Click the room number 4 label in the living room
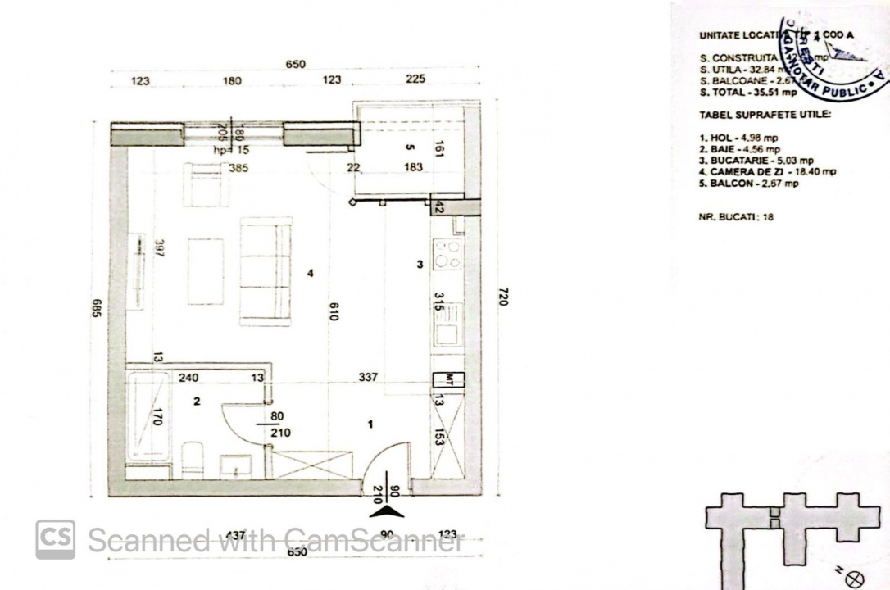click(x=310, y=274)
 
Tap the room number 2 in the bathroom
click(x=197, y=402)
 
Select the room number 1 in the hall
click(x=370, y=424)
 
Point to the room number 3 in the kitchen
click(x=420, y=264)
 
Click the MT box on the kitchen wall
click(x=448, y=379)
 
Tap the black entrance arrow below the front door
click(x=386, y=511)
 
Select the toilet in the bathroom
click(x=193, y=458)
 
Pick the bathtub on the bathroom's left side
click(x=148, y=416)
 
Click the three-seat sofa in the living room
click(x=266, y=270)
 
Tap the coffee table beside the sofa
click(x=205, y=271)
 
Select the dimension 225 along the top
click(x=415, y=80)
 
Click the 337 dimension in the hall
click(x=369, y=378)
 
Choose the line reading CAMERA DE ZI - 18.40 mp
click(x=768, y=171)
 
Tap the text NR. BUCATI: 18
click(x=737, y=217)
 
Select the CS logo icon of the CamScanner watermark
click(x=55, y=540)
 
